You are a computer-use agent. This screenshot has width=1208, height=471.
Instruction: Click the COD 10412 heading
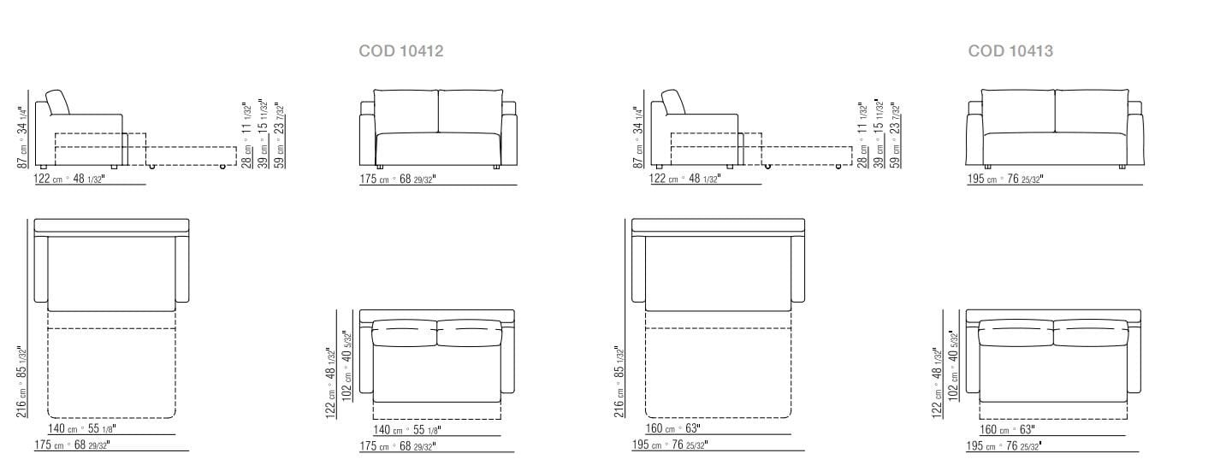pos(400,51)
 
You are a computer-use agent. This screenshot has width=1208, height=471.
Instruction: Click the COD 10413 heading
pos(1010,51)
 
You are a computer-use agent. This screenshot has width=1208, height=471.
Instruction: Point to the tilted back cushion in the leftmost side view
pos(58,102)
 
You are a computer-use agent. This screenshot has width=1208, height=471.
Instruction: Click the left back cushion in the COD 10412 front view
pos(406,111)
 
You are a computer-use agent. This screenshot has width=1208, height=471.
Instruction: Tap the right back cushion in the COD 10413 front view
pos(1092,111)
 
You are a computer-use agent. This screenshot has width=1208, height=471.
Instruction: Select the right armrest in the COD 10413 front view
pos(1135,137)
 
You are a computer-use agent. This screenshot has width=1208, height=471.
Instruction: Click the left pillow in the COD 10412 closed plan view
pos(405,332)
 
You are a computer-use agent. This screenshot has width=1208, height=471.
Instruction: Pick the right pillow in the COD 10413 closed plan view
pos(1090,332)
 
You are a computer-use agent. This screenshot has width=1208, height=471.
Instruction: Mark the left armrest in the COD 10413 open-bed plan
pos(638,268)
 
